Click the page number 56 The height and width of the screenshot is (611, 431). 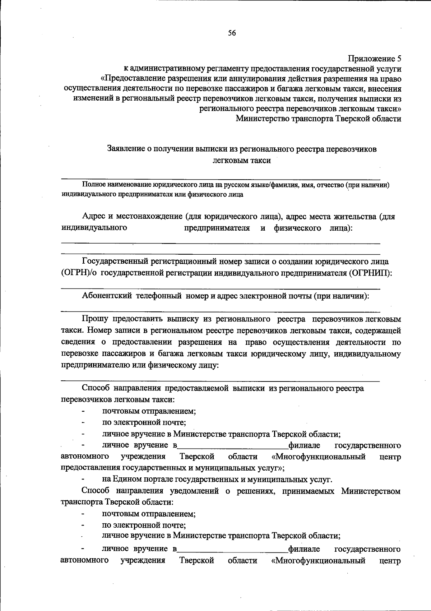(232, 33)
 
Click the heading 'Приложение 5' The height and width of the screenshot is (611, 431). (375, 59)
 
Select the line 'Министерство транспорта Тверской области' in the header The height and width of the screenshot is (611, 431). (318, 119)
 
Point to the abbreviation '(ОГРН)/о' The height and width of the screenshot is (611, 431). (79, 273)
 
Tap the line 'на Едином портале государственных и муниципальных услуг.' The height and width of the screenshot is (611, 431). (217, 479)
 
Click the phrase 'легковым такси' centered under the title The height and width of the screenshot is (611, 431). (241, 161)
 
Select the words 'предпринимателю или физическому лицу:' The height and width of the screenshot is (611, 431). (140, 365)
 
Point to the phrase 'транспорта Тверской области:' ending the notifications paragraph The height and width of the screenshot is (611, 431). (117, 502)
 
